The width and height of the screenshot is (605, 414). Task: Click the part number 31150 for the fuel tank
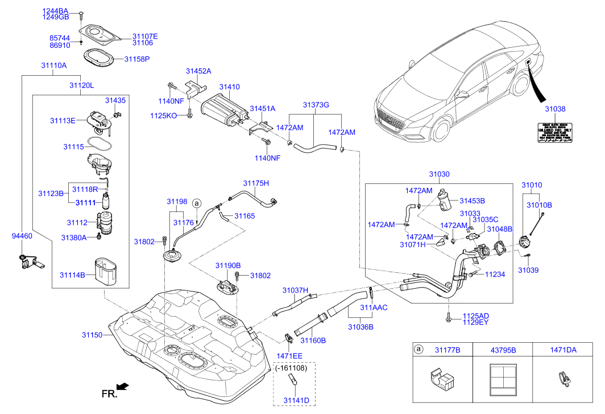click(92, 335)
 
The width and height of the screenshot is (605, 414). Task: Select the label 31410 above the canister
click(230, 87)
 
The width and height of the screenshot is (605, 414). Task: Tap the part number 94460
click(22, 235)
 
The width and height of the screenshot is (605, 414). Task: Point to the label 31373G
click(316, 105)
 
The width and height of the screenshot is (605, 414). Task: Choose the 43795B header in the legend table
click(503, 350)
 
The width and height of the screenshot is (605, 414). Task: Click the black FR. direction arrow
click(122, 387)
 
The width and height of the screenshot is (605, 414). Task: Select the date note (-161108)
click(291, 368)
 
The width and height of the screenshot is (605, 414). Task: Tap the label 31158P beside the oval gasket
click(137, 59)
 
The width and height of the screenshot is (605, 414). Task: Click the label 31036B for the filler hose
click(360, 327)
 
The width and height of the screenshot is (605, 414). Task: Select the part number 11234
click(495, 274)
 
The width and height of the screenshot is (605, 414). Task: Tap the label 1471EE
click(289, 356)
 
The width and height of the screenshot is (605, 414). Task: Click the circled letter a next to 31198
click(197, 203)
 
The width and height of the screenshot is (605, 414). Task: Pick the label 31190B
click(227, 265)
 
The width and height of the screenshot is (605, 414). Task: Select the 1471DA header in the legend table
click(562, 350)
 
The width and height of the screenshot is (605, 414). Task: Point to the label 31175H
click(256, 183)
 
